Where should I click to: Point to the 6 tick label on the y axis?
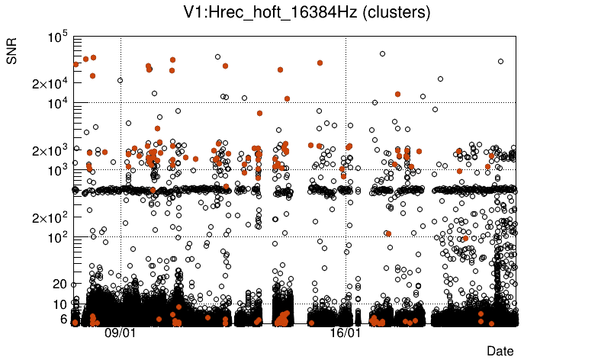point(63,319)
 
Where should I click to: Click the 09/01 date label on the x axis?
point(120,333)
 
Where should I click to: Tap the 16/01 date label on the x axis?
point(345,333)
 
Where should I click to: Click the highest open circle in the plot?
point(382,54)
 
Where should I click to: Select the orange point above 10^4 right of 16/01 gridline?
point(397,94)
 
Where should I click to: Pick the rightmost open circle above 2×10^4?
point(500,62)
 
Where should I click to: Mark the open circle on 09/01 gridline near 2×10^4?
point(120,80)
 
